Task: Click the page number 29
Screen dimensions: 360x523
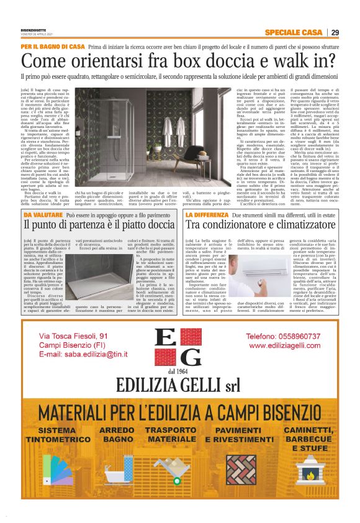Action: [335, 32]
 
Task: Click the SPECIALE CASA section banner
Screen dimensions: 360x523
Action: [292, 32]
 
